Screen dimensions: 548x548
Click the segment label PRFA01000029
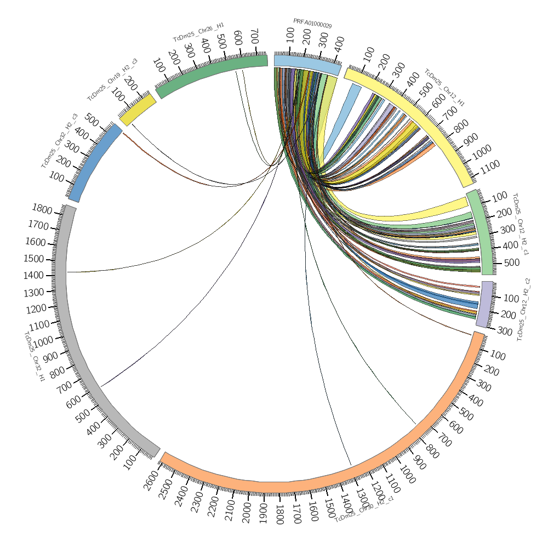click(312, 23)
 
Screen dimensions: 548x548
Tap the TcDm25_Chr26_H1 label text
click(198, 32)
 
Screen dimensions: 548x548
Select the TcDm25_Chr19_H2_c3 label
click(112, 79)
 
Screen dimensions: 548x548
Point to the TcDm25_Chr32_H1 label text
click(34, 356)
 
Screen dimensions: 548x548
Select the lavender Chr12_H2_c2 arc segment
click(484, 304)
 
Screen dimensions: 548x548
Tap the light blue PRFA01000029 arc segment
click(307, 64)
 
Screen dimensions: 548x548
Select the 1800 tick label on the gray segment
click(42, 210)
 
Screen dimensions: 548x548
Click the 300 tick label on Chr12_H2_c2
click(505, 332)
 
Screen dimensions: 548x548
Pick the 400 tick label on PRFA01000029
click(339, 44)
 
